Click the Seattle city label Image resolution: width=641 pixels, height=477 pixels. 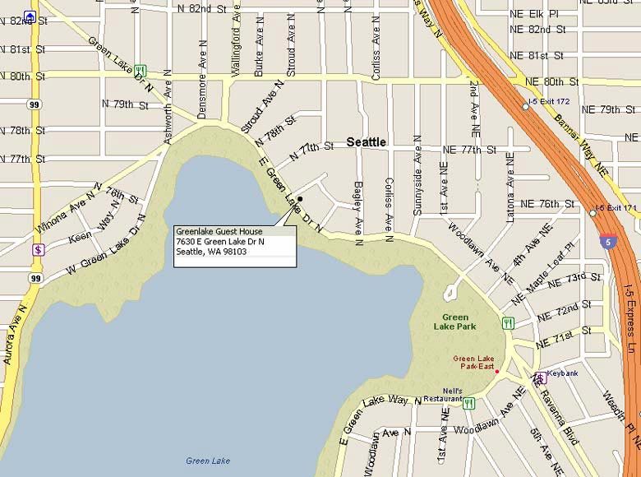(366, 142)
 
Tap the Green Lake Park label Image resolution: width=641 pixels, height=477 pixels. (455, 322)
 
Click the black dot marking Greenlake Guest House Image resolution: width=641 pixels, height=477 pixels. (301, 199)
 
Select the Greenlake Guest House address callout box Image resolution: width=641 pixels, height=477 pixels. (234, 242)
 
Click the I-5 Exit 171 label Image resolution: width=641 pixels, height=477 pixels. (617, 207)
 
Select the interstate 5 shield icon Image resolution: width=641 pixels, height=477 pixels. (606, 241)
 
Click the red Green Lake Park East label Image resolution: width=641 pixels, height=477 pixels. (474, 363)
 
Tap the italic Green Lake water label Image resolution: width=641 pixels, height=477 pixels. (208, 461)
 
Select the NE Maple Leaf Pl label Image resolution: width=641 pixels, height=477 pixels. (545, 266)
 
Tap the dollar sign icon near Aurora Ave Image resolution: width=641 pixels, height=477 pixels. (38, 248)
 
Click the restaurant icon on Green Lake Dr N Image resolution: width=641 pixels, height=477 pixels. (141, 71)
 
